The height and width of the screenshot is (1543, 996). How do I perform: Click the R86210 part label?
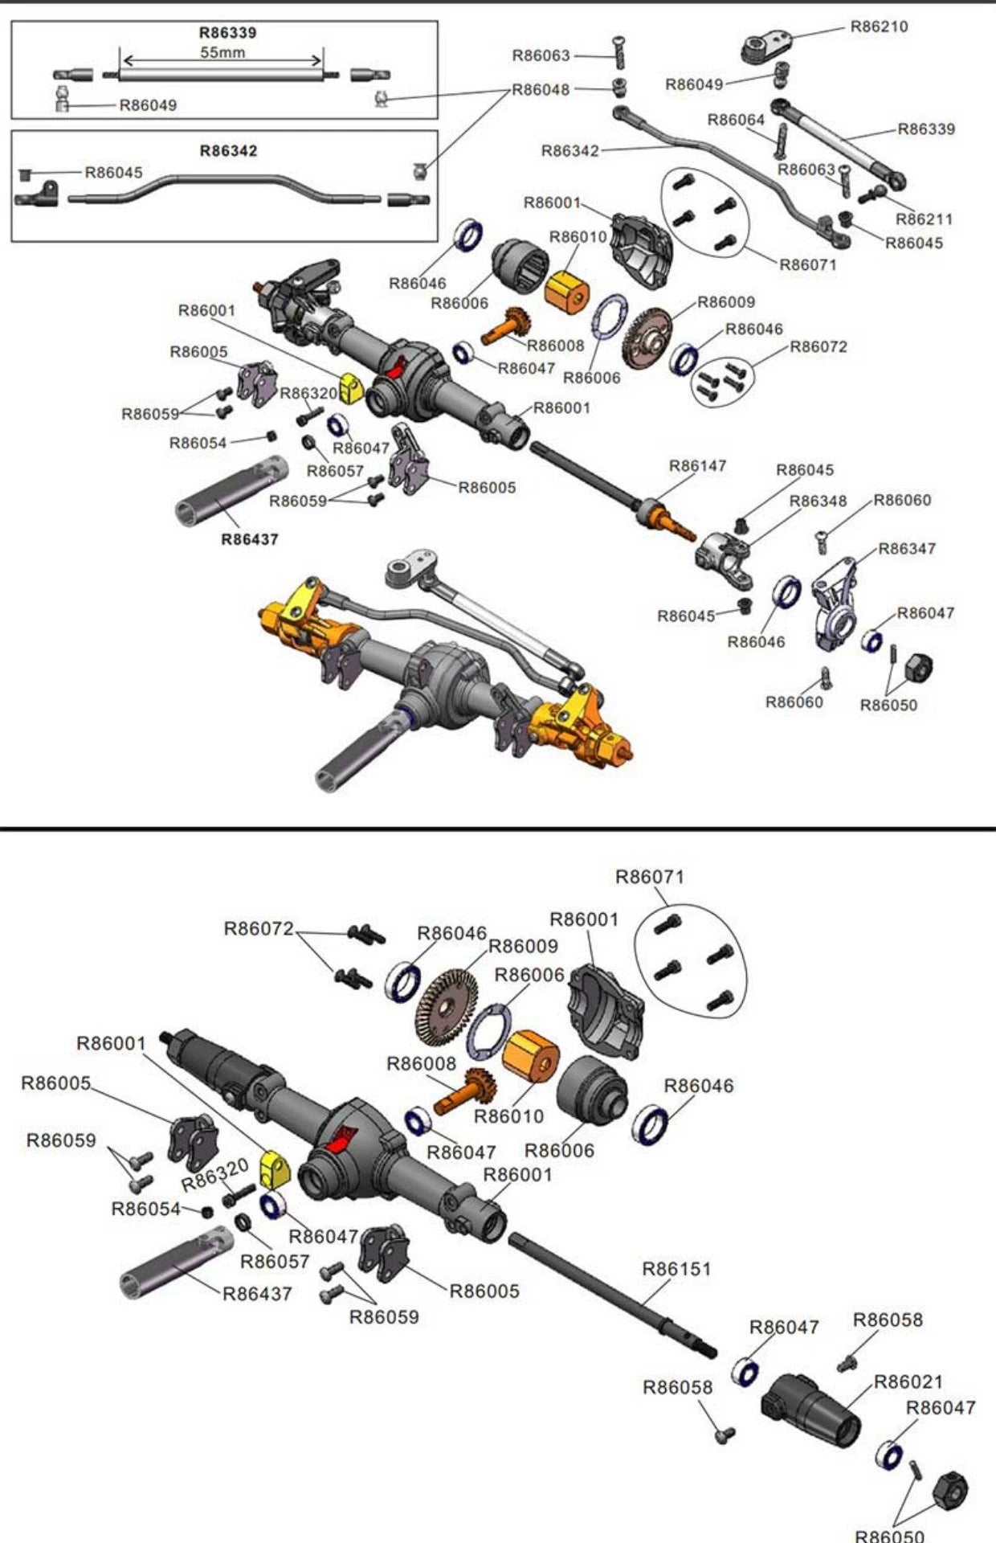tap(879, 27)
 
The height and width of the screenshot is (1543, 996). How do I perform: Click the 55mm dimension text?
tap(222, 52)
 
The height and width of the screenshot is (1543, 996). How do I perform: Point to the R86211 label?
tap(924, 219)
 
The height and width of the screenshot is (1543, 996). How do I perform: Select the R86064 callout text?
tap(736, 120)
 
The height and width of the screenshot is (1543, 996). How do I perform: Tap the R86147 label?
tap(697, 466)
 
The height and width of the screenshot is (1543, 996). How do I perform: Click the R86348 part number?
tap(818, 501)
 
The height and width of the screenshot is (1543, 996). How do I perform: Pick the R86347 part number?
tap(906, 549)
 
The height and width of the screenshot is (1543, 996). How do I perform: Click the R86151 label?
tap(676, 1269)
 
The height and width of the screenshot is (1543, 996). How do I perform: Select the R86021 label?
tap(908, 1381)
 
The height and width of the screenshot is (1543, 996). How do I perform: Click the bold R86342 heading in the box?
tap(228, 151)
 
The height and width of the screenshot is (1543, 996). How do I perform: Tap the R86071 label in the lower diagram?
tap(649, 877)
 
